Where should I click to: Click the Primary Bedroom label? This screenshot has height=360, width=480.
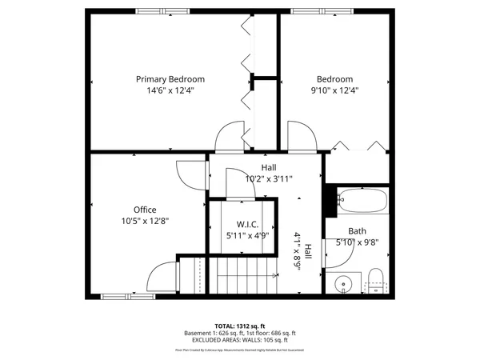[x=170, y=79]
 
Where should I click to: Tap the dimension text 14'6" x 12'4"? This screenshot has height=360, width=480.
[x=170, y=91]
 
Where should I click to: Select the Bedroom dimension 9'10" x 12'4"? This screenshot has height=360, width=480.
[x=334, y=91]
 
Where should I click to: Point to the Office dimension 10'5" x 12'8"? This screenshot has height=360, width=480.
[x=145, y=222]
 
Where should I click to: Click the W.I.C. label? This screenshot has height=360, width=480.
[x=246, y=224]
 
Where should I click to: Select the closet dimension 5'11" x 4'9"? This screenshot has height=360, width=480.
[x=246, y=235]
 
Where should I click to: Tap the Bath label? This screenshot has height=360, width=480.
[x=357, y=230]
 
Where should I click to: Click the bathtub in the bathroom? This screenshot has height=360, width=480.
[x=362, y=201]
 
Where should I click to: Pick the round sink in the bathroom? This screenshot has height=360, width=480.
[x=343, y=282]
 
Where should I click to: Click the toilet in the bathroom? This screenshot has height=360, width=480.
[x=375, y=280]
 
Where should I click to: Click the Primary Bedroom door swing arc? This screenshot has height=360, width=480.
[x=232, y=135]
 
